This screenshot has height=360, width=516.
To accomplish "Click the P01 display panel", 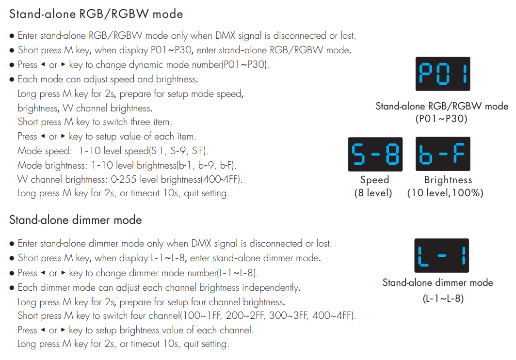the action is pos(443,74).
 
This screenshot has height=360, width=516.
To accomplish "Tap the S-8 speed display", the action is pos(375,154).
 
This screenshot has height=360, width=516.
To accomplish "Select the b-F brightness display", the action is pos(443,154).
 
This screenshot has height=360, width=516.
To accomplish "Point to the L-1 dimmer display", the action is pos(442,255).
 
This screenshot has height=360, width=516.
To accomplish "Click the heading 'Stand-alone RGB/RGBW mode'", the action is pos(96,14).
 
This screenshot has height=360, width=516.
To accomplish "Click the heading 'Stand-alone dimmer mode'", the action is pos(75,220).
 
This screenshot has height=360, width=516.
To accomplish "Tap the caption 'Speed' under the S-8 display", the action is pos(374,180).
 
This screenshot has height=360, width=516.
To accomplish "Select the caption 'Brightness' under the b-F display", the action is pos(448,180).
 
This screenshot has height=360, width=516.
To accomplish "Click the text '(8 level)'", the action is pos(373,193).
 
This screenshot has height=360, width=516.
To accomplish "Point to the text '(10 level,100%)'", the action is pos(445,193).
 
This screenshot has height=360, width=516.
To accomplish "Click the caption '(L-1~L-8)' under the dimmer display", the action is pos(443,298).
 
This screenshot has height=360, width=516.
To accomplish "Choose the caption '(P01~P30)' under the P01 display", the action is pos(441,119).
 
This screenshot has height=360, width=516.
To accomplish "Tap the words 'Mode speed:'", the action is pos(45,151).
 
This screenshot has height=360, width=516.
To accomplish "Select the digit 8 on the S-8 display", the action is pos(392,154).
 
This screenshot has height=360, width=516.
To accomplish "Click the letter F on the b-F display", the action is pos(459,153).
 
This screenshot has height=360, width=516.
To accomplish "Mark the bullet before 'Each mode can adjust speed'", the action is pos(12,79).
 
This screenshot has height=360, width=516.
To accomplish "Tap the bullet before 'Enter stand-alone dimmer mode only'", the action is pos(12,244).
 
